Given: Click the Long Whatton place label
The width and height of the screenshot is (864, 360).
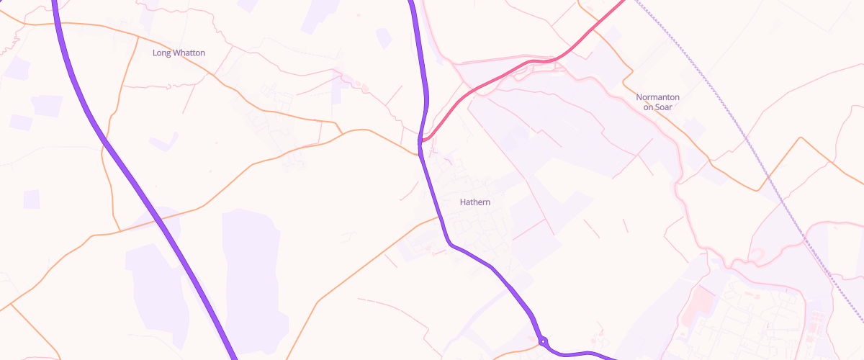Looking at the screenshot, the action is pos(179,53).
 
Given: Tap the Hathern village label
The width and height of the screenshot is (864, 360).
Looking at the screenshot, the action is pos(475,202).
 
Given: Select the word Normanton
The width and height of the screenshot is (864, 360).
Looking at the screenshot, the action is pos(658,97).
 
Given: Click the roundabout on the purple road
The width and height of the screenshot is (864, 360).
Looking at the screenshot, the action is pos(542,341).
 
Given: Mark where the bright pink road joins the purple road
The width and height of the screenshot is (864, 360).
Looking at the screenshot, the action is pos(421,140).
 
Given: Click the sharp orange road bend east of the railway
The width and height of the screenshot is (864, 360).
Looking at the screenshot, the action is pos(799,138).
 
